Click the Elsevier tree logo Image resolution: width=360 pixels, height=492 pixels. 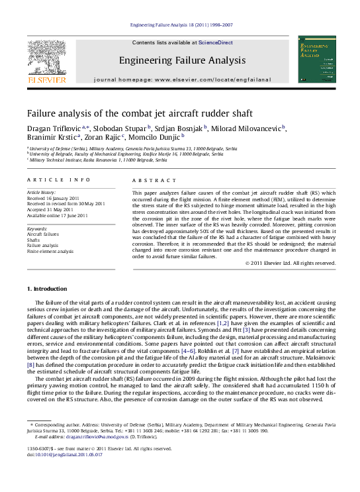click(46, 57)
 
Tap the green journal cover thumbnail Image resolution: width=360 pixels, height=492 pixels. click(316, 60)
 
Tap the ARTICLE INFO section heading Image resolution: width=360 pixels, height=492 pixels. click(50, 180)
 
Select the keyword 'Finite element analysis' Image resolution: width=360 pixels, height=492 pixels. click(50, 252)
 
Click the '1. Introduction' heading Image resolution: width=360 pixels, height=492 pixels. click(47, 289)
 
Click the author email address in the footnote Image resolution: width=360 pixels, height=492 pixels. click(97, 438)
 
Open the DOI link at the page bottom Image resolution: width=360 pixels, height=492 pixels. click(64, 455)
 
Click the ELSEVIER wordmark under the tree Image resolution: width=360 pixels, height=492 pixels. click(46, 80)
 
